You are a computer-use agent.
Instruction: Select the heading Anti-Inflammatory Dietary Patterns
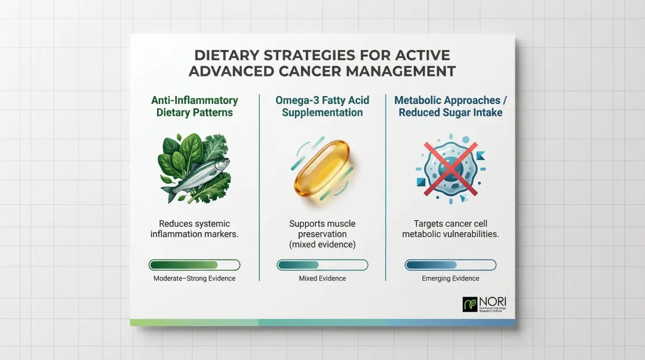click(x=194, y=106)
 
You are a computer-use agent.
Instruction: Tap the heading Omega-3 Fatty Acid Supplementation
click(x=322, y=106)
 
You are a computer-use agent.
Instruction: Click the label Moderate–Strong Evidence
click(x=194, y=278)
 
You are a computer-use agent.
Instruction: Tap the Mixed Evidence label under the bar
click(x=322, y=278)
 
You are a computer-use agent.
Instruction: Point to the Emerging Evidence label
click(x=450, y=278)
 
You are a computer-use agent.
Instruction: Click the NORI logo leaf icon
click(x=470, y=304)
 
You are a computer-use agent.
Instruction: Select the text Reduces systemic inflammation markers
click(x=194, y=229)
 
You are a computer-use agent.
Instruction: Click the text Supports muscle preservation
click(x=322, y=229)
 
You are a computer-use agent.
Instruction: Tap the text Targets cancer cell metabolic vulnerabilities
click(x=450, y=229)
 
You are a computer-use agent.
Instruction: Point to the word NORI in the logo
click(x=492, y=300)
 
